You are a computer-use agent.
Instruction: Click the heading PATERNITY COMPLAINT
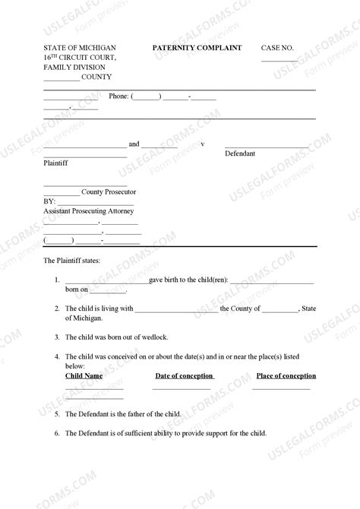point(197,48)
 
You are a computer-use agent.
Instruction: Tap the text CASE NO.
point(276,48)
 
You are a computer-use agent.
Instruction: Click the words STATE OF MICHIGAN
point(74,48)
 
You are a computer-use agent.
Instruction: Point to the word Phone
point(118,96)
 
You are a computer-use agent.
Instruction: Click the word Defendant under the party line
point(240,153)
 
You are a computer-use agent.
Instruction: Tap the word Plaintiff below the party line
point(55,163)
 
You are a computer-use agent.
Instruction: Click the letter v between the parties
point(203,144)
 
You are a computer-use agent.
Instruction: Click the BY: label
point(49,202)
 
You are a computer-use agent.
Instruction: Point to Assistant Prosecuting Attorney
point(88,212)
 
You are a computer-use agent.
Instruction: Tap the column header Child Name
point(84,376)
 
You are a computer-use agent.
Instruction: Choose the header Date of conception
point(184,376)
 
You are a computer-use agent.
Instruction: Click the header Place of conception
point(286,376)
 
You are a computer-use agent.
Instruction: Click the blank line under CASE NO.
point(279,59)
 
